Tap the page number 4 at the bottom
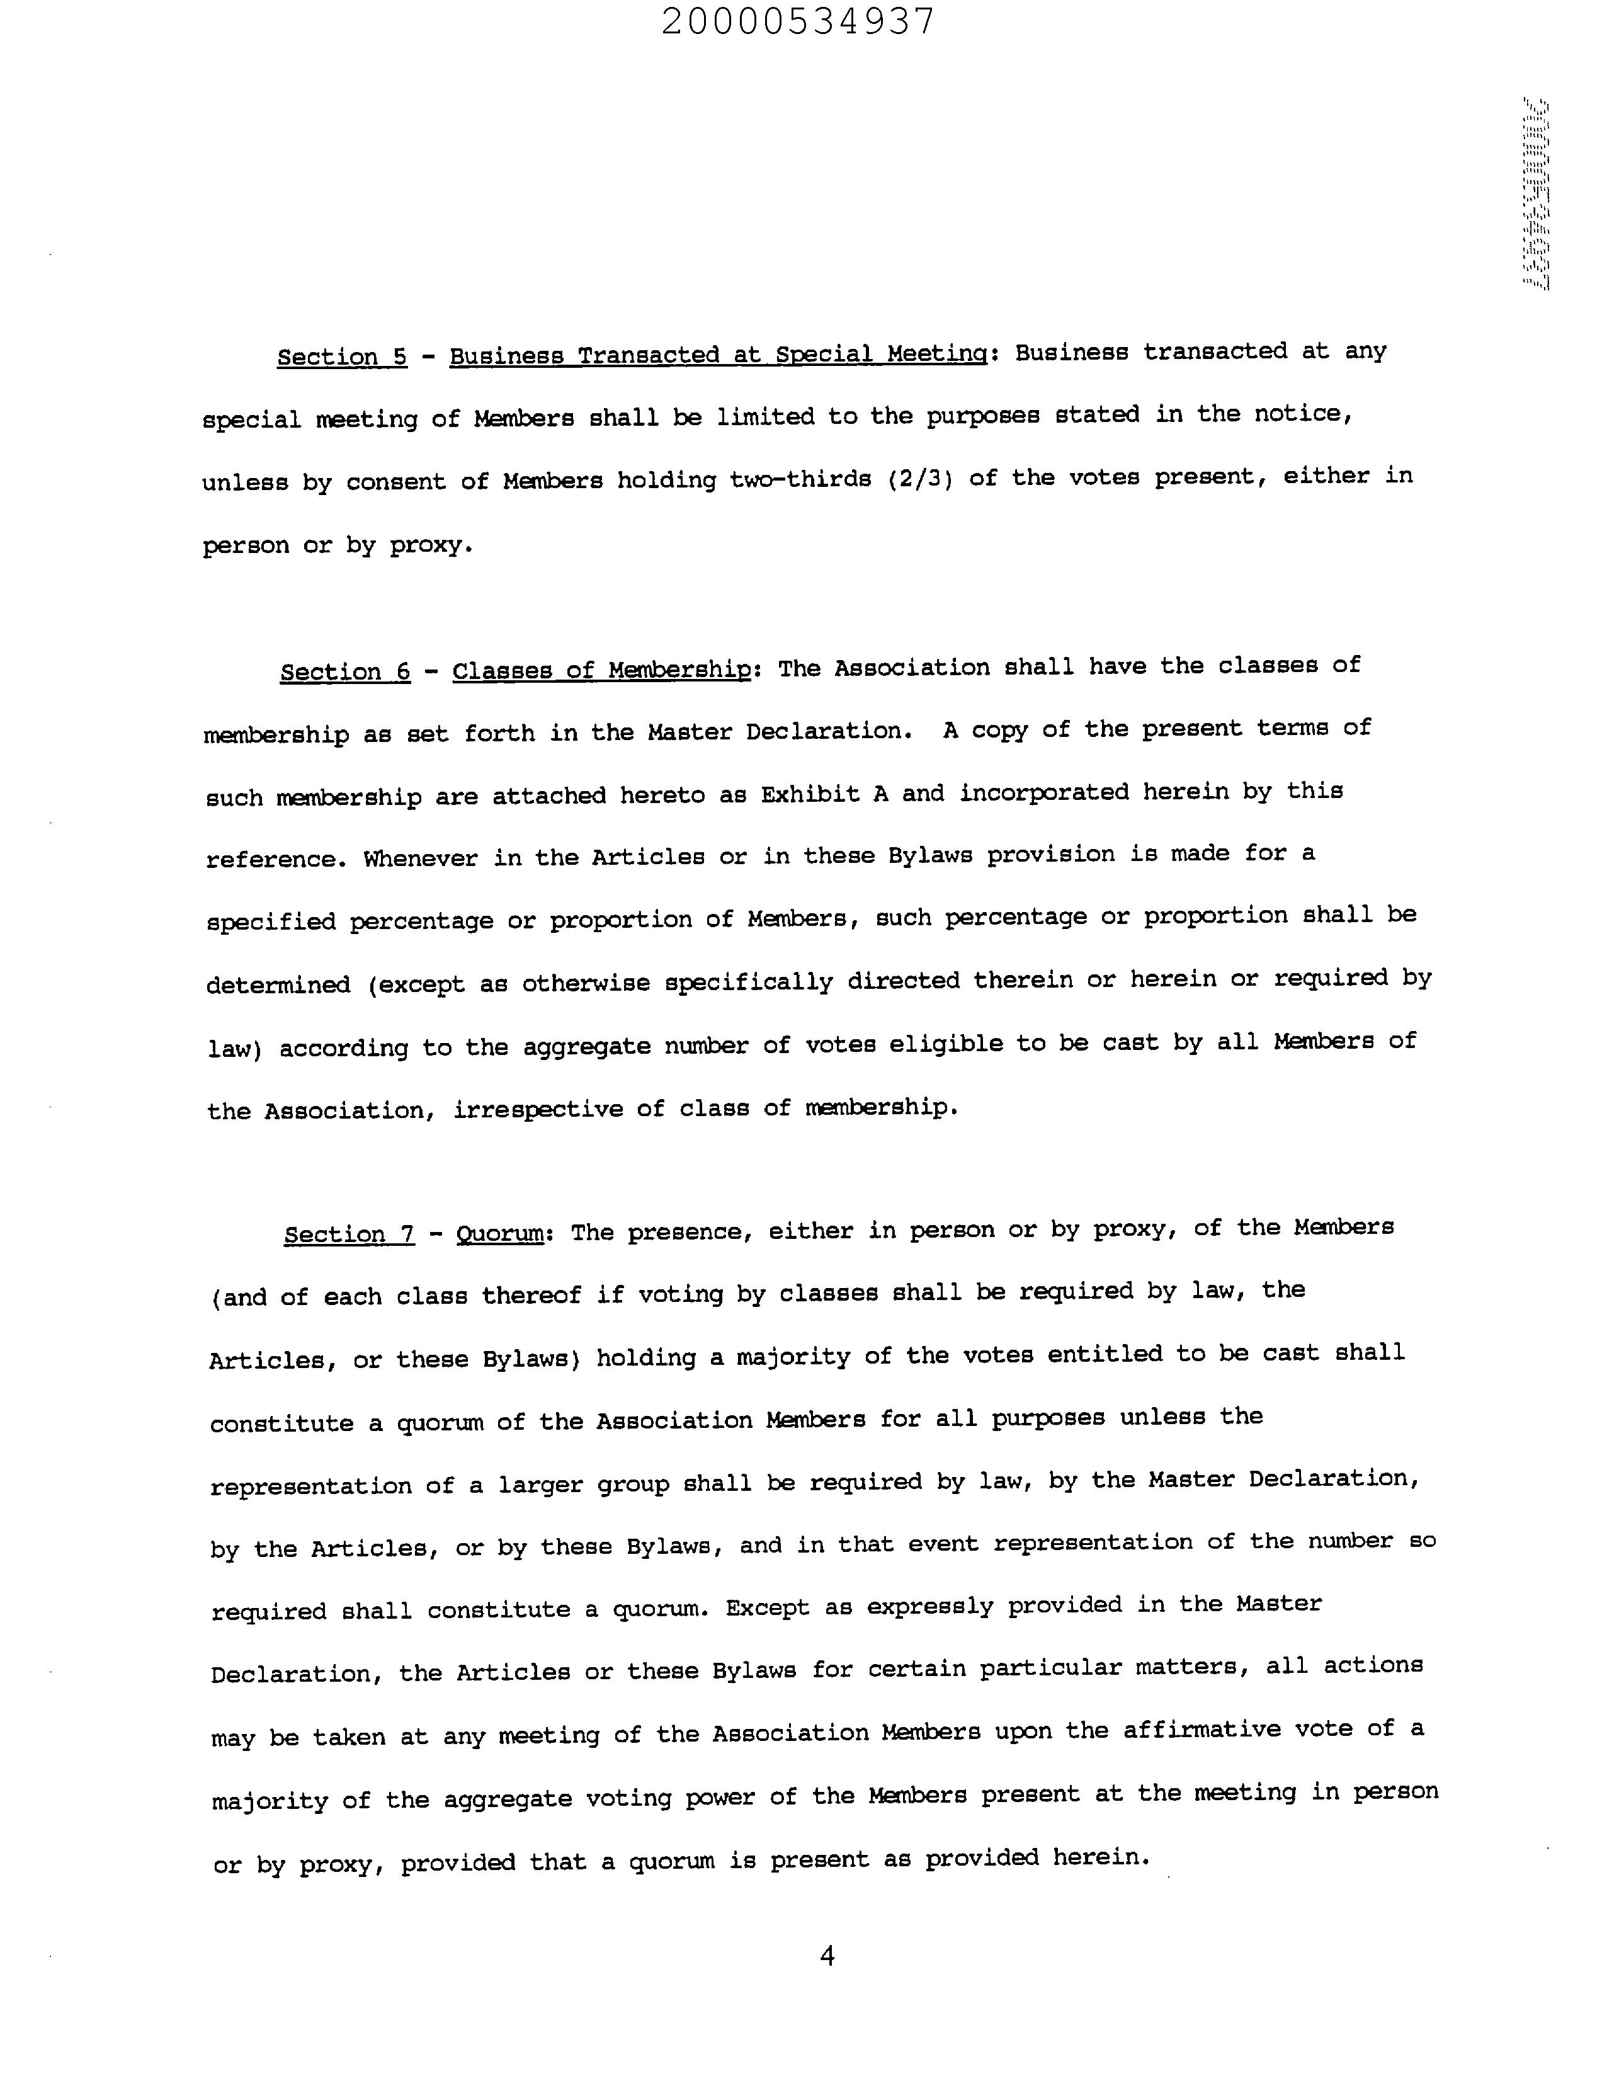[x=827, y=1955]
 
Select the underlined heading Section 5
[x=342, y=356]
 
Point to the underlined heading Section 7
[x=349, y=1234]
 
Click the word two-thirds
[x=800, y=479]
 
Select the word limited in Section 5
[x=765, y=418]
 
